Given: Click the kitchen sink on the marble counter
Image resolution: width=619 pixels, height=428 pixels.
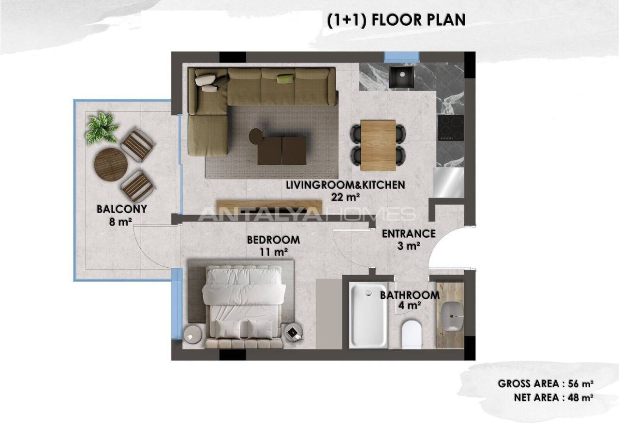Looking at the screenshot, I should point(400,77).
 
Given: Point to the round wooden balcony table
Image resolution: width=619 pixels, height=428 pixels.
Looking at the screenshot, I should point(109,164).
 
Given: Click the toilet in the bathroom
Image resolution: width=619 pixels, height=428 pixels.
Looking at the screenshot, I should point(412,334).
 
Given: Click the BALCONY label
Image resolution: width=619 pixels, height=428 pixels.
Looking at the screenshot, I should point(121,210).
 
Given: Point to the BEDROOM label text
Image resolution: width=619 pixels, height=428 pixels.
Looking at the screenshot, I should point(273,240).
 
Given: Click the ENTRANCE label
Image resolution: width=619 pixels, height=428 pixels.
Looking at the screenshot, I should point(409,234).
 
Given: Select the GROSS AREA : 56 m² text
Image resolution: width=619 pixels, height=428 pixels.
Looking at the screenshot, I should point(545,384).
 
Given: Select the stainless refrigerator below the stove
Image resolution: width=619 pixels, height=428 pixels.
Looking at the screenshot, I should point(448,182).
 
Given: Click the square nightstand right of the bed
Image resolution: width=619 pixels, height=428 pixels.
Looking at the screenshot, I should point(293,333).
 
